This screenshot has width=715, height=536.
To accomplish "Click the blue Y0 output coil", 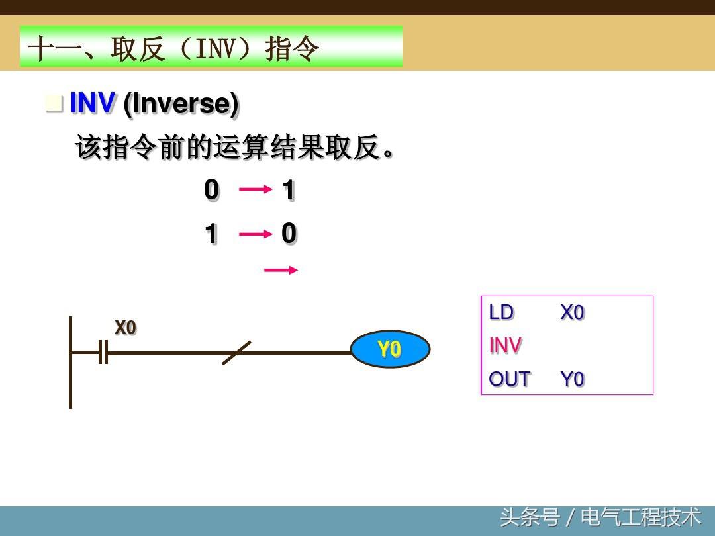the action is coord(390,349).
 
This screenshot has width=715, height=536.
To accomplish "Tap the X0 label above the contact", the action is coord(125,328).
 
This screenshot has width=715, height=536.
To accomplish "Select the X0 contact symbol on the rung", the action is coord(103,352).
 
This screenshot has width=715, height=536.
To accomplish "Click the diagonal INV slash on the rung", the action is coord(236,353).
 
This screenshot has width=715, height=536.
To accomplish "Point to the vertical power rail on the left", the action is coord(70,363).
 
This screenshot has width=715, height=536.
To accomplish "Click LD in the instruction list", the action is coord(501,312).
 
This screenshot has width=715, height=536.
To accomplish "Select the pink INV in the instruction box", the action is coord(504,345).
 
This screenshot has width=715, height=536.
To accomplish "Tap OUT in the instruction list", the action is coord(509,379).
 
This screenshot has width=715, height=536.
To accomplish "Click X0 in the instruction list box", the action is coord(572,312).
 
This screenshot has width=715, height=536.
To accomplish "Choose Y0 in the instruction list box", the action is coord(572,379).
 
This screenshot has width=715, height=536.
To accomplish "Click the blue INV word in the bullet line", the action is coord(93,103).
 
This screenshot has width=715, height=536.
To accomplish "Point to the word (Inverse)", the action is coord(181,105).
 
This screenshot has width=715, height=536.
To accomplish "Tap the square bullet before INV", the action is coord(54,103).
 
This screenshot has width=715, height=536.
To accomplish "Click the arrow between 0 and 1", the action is coord(256,189).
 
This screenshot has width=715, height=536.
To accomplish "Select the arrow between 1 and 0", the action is coord(256,234).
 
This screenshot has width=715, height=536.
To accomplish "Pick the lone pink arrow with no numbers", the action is coord(281,270).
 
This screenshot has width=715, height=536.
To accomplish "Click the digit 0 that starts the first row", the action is coord(212,190).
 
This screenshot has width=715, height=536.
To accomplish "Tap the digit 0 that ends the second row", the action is coord(289,234).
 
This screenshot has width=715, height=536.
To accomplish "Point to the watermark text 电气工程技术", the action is coord(640,517).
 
